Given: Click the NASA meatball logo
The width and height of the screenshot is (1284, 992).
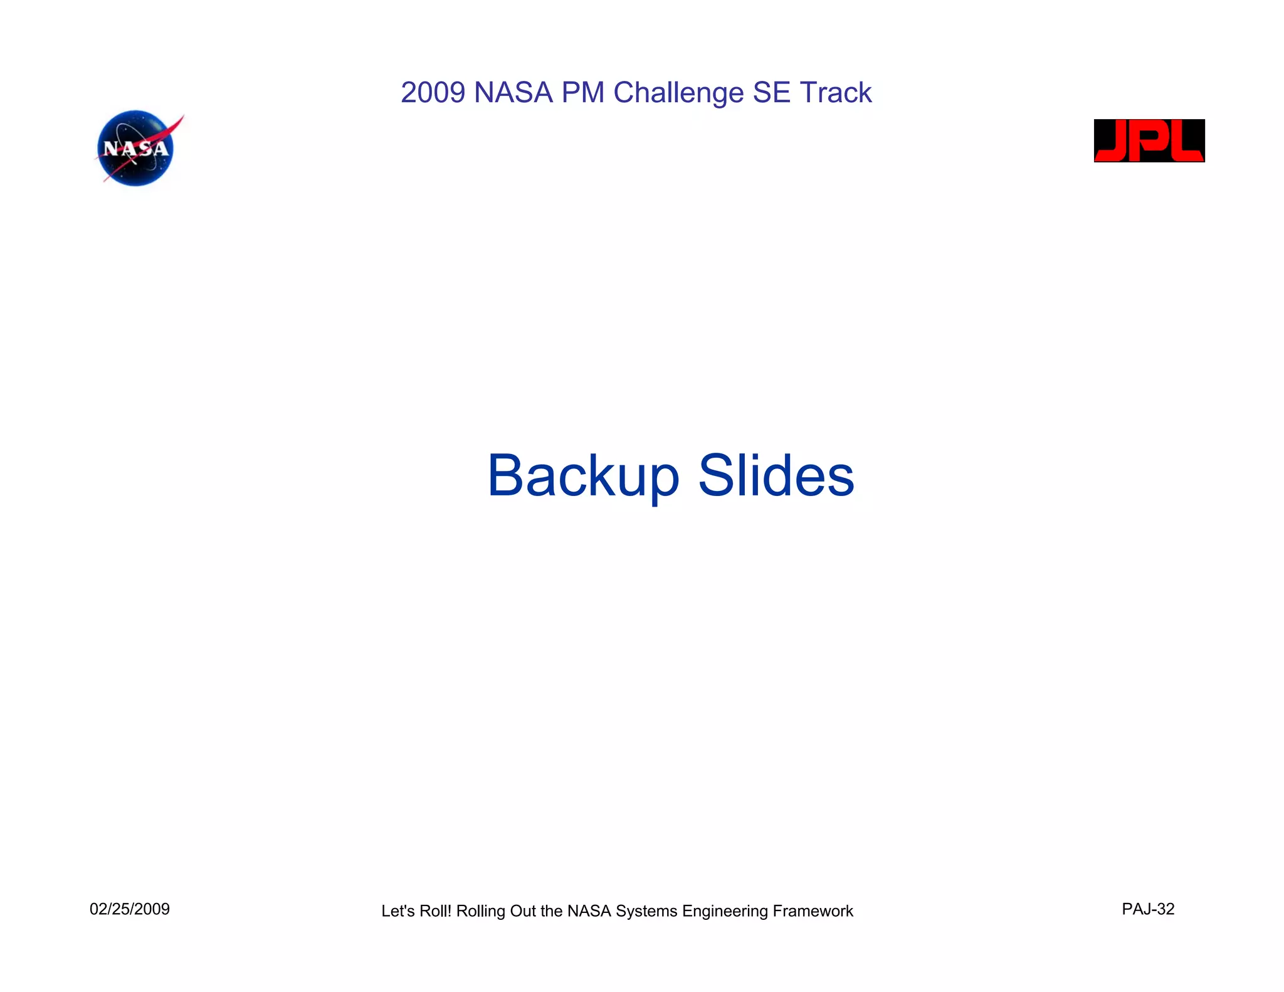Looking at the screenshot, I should tap(136, 149).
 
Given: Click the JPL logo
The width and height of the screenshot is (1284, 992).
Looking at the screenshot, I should tap(1149, 140).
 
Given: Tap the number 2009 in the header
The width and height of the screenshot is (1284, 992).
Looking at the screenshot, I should tap(433, 93).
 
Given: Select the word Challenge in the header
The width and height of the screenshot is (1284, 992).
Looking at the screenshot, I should tap(678, 93).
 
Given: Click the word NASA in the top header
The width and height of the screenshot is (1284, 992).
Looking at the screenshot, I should tap(513, 93).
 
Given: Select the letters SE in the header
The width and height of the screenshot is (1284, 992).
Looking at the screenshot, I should tap(771, 93).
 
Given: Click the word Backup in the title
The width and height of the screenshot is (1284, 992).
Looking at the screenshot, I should tap(583, 477).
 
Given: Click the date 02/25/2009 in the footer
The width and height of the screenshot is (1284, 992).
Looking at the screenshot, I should tap(130, 909).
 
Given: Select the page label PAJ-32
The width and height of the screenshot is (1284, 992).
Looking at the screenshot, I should tap(1148, 909).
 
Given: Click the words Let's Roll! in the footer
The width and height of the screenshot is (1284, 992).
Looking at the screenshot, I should tap(416, 911).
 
